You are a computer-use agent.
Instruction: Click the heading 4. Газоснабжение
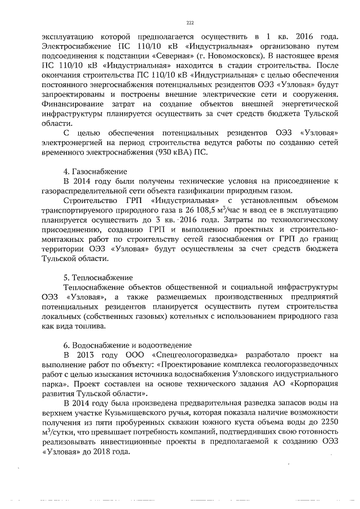tap(95, 171)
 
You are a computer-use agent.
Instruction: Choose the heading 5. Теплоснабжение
tap(98, 277)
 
